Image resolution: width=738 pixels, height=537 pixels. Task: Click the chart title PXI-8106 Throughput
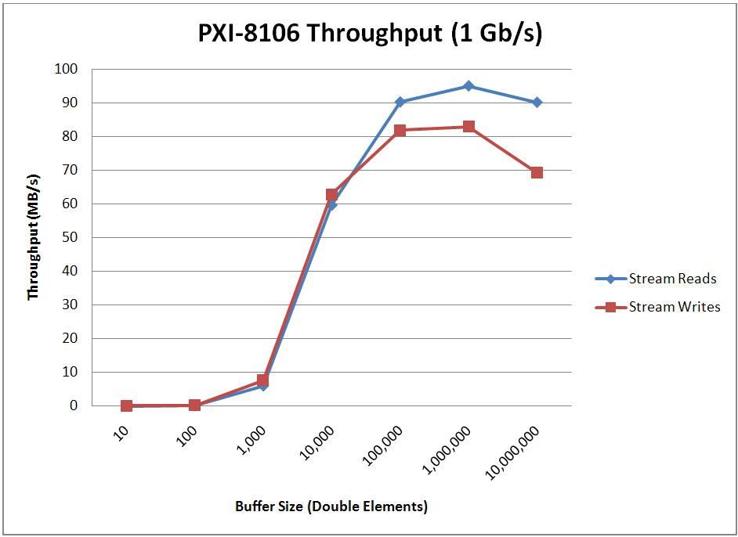pyautogui.click(x=369, y=34)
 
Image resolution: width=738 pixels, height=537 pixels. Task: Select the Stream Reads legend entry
pyautogui.click(x=671, y=279)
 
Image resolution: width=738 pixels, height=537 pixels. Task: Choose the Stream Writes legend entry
pyautogui.click(x=674, y=307)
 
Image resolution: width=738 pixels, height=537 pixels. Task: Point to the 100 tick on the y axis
pyautogui.click(x=67, y=69)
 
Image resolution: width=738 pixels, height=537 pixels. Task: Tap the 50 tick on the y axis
pyautogui.click(x=70, y=237)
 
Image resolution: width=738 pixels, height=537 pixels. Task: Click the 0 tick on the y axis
pyautogui.click(x=74, y=405)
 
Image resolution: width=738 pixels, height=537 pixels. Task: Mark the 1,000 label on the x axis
pyautogui.click(x=251, y=438)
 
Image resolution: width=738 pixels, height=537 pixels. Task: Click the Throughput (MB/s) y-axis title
pyautogui.click(x=33, y=237)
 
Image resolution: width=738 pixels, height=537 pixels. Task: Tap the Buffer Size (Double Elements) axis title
pyautogui.click(x=331, y=506)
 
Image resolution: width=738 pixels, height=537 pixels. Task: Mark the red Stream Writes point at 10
pyautogui.click(x=126, y=405)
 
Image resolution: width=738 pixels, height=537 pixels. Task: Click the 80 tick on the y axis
pyautogui.click(x=70, y=136)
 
